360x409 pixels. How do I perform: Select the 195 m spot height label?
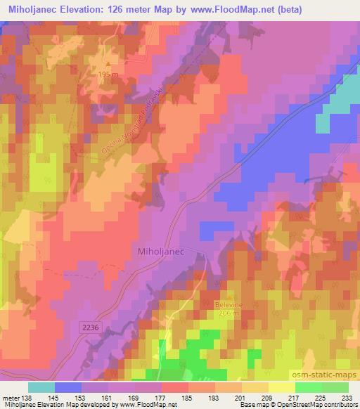(x=107, y=74)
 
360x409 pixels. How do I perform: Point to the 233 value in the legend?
(x=347, y=397)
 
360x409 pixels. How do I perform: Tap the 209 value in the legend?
(x=267, y=397)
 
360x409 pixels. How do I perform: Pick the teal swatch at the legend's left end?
(x=41, y=387)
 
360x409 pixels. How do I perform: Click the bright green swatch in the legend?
(x=308, y=387)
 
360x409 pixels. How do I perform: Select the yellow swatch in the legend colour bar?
(x=281, y=387)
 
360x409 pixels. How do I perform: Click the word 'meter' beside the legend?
(x=12, y=397)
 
